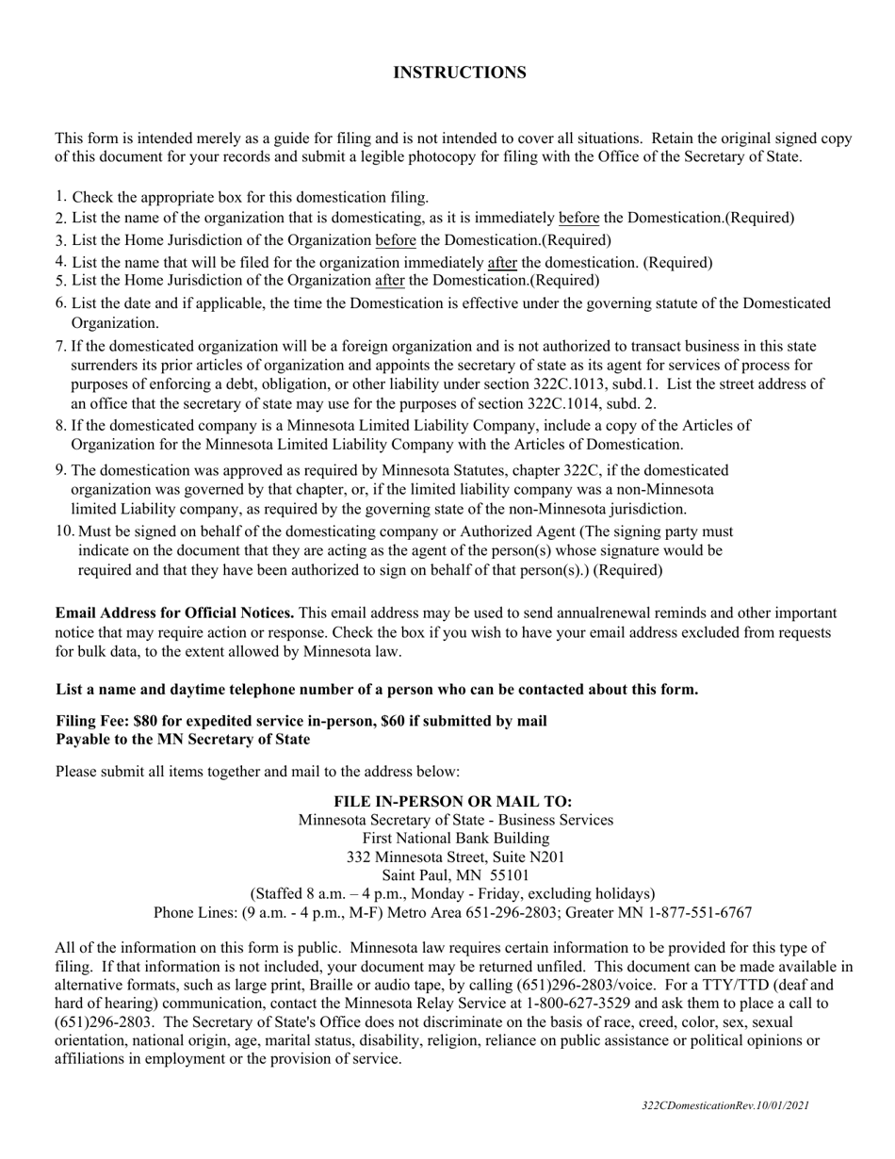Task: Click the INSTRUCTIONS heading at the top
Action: [x=460, y=73]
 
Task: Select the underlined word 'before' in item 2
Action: [x=579, y=218]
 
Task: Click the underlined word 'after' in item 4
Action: [x=502, y=262]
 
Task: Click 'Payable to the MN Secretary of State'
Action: [x=183, y=739]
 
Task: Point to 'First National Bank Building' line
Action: [x=456, y=838]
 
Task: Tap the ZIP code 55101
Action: [x=510, y=875]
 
